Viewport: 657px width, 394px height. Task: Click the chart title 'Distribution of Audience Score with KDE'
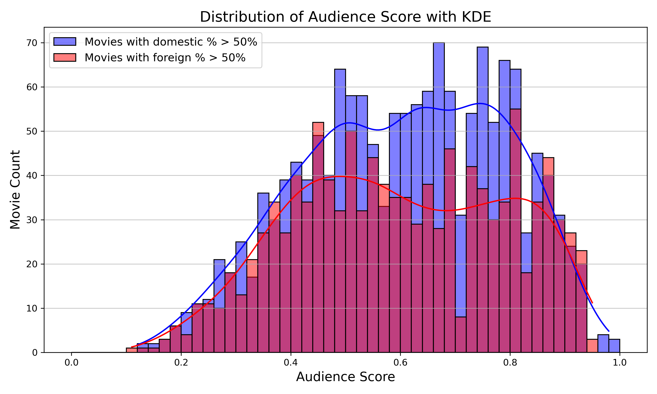[345, 17]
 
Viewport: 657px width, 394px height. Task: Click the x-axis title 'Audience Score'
[345, 377]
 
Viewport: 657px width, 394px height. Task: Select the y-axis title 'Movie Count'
[15, 190]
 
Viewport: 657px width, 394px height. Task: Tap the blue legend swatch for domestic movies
[65, 42]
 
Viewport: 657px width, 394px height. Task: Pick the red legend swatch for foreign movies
[65, 58]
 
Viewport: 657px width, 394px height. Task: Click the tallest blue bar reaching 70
[439, 133]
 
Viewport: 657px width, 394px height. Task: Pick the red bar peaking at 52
[318, 128]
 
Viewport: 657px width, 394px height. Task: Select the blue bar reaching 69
[482, 117]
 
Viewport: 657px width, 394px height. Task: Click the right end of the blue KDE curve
[609, 331]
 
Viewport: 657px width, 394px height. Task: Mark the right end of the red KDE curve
[592, 303]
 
